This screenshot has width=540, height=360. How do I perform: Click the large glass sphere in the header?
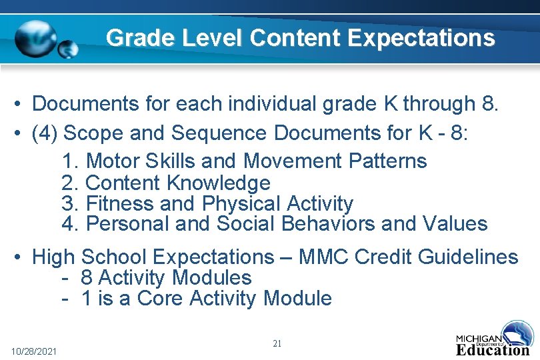coord(37,39)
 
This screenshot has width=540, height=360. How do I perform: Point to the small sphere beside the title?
coord(68,50)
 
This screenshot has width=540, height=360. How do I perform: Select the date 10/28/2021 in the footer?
coord(34,351)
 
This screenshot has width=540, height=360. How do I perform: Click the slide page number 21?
coord(277,343)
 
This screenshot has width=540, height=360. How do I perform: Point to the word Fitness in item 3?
coord(118,203)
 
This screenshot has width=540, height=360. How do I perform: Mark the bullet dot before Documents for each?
coord(22,105)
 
